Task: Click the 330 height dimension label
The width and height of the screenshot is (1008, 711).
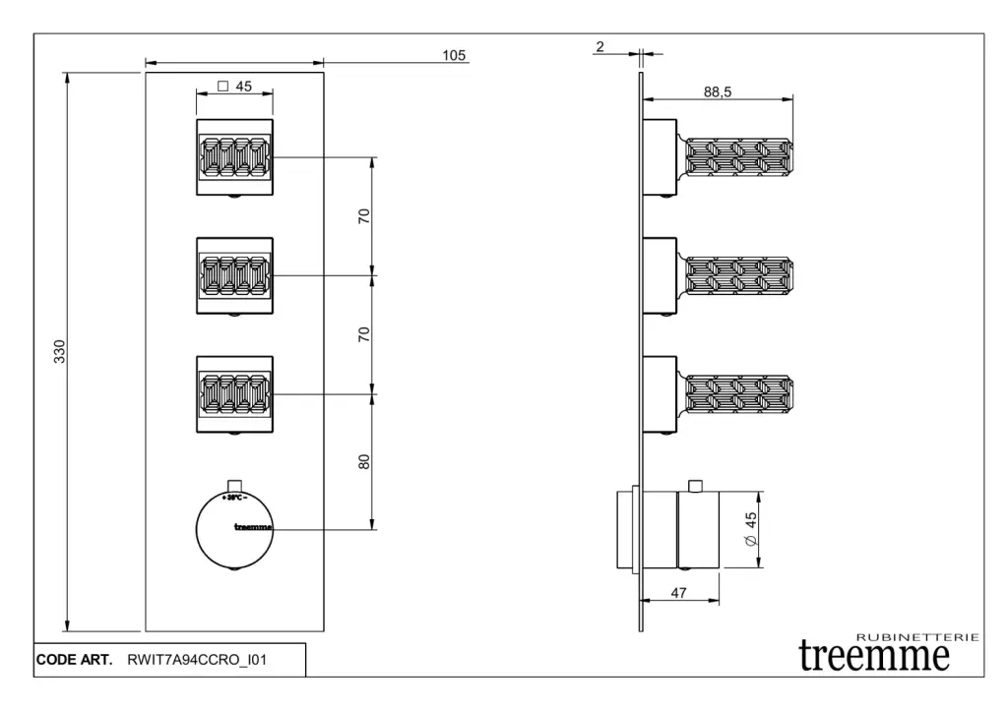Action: tap(59, 351)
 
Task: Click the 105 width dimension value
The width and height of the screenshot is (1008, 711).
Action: tap(454, 55)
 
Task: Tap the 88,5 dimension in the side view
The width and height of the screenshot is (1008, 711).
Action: tap(718, 91)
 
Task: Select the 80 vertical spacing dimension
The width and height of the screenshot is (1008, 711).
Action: tap(364, 462)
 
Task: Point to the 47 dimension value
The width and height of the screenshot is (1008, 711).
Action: tap(679, 593)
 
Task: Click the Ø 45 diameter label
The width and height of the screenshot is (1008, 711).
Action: tap(750, 529)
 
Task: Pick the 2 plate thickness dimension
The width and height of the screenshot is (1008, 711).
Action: tap(599, 46)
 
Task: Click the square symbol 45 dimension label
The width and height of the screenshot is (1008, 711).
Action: tap(234, 87)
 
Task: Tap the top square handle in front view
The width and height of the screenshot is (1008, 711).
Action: tap(234, 157)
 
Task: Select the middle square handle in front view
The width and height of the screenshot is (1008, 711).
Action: tap(234, 276)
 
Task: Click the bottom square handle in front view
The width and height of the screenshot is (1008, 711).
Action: tap(234, 394)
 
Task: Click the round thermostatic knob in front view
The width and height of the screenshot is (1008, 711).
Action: tap(234, 530)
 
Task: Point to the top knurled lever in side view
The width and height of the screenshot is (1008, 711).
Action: tap(738, 157)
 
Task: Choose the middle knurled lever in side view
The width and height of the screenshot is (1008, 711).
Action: tap(738, 276)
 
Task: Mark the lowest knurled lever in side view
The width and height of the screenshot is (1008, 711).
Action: tap(738, 394)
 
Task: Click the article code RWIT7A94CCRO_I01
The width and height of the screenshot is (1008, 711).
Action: tap(197, 660)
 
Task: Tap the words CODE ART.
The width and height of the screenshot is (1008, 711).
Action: tap(74, 660)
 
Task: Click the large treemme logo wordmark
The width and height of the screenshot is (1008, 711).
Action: tap(874, 656)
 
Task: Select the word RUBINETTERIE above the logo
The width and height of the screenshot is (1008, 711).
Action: tap(917, 637)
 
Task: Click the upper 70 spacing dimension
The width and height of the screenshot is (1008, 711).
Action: tap(364, 215)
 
